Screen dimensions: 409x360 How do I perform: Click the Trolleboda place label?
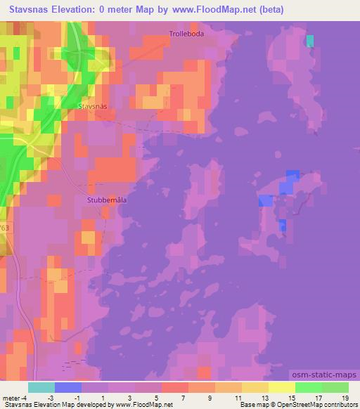pos(186,33)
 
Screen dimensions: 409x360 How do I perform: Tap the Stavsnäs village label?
pos(92,106)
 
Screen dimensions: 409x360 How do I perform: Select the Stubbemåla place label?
pos(107,199)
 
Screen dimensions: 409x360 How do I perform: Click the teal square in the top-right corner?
pos(310,41)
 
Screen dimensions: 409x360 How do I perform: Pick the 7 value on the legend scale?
pos(182,397)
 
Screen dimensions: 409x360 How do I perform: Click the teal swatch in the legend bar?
pos(41,387)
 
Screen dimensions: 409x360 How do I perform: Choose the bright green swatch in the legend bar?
pos(308,387)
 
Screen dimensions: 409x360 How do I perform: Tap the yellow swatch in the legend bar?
pos(281,387)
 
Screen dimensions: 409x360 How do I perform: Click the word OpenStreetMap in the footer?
pos(304,405)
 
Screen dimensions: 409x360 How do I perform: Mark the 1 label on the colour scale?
pos(103,397)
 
